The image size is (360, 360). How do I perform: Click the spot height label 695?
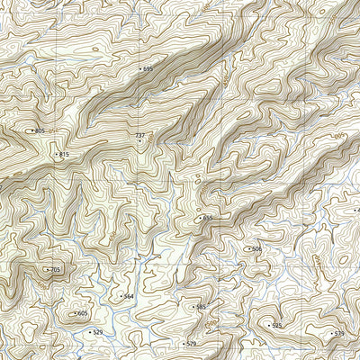click(148, 68)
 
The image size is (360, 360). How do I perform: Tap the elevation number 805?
click(40, 131)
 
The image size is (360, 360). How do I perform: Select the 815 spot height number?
click(63, 155)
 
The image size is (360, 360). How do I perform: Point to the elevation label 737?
click(139, 135)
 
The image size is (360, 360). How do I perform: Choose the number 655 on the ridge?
click(208, 218)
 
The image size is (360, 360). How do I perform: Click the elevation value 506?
click(256, 249)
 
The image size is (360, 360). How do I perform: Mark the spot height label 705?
click(55, 270)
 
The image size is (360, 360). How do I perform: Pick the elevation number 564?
click(129, 296)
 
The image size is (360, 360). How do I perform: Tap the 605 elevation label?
click(83, 313)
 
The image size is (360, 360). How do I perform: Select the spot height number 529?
click(98, 333)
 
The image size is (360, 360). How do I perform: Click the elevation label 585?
click(201, 307)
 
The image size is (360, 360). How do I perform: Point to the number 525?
click(277, 326)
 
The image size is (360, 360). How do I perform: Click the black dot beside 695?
click(140, 68)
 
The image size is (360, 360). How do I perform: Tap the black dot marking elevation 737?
click(139, 141)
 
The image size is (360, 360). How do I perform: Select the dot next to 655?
click(200, 218)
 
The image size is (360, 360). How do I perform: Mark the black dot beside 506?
click(248, 249)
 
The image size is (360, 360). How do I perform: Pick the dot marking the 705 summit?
click(47, 270)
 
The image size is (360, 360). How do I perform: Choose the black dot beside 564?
click(121, 296)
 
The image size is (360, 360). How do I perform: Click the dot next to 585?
click(193, 307)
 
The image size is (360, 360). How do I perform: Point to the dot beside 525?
click(269, 326)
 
